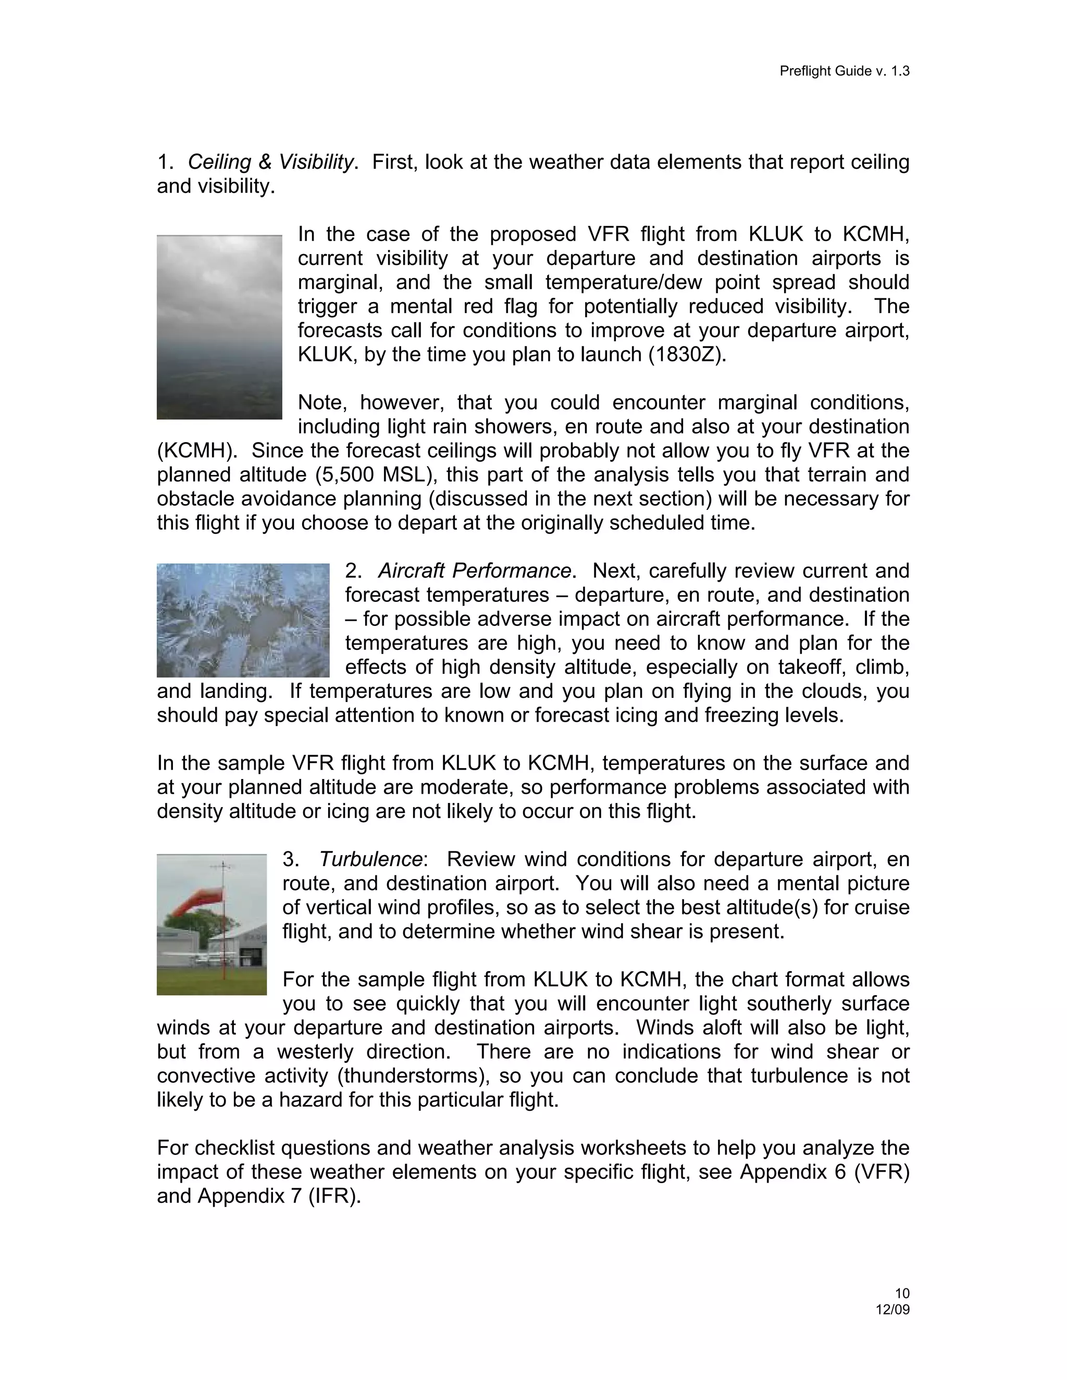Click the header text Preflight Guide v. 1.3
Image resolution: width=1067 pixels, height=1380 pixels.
[844, 71]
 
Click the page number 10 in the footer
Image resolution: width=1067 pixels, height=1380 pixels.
[902, 1294]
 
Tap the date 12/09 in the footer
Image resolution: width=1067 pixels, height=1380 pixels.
[892, 1309]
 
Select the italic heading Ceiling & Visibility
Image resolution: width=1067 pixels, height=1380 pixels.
[270, 162]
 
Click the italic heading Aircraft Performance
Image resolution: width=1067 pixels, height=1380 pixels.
[474, 571]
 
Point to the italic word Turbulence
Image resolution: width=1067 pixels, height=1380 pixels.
[370, 859]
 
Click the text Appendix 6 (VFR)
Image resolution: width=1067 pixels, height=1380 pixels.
[824, 1172]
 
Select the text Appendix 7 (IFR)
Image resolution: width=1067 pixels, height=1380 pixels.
[278, 1196]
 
